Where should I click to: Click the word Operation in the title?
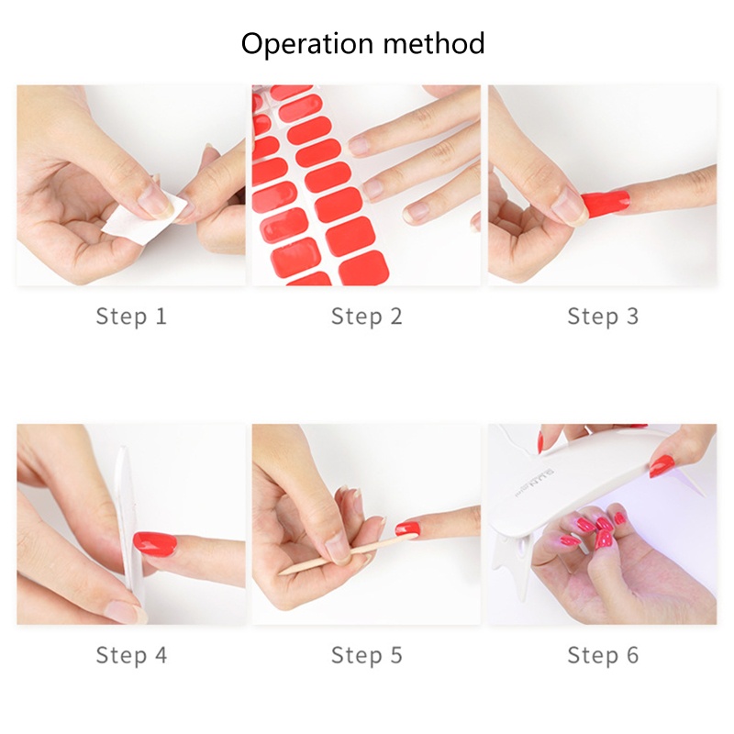pos(307,44)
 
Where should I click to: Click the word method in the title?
pos(434,43)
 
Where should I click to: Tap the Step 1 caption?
pos(131,316)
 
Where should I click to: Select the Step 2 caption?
pos(366,316)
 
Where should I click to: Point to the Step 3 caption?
pos(603,316)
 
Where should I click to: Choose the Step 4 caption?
pos(131,655)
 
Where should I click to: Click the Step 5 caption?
pos(366,655)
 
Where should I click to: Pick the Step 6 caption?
pos(603,655)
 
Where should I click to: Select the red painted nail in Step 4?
pos(155,543)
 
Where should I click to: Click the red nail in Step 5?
pos(407,529)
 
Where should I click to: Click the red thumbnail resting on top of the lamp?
pos(662,465)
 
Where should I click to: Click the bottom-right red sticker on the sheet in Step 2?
pos(364,268)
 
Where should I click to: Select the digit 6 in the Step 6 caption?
pos(632,655)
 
